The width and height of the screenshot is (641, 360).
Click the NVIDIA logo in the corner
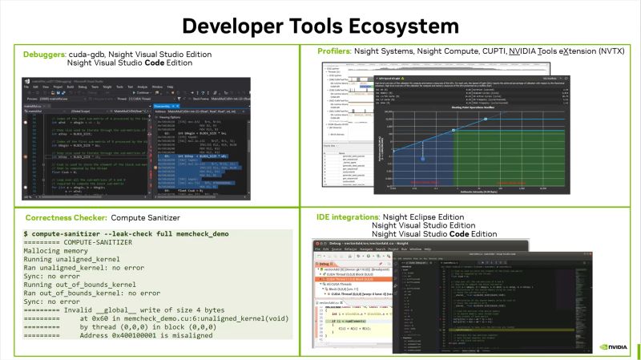[615, 348]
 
